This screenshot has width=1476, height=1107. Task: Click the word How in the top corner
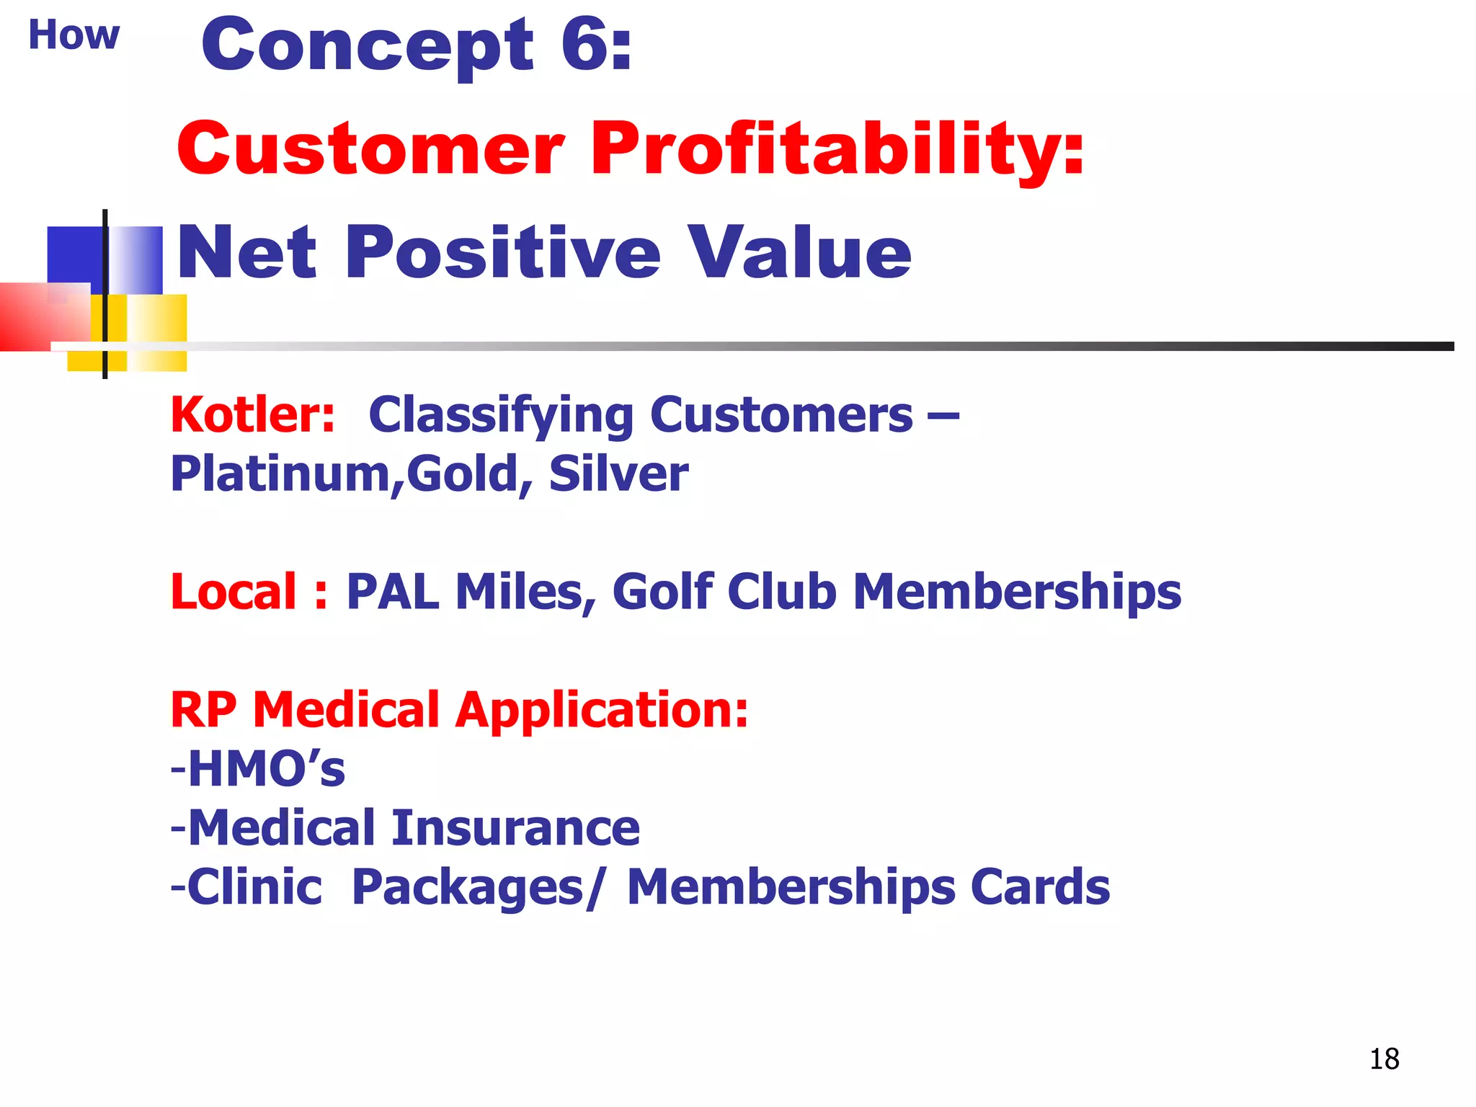[74, 35]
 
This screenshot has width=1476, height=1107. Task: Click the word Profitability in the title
[837, 150]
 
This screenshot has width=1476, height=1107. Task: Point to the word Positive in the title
[502, 252]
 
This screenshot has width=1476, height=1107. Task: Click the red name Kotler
[252, 415]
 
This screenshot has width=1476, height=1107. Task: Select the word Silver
[618, 474]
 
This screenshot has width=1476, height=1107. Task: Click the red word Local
[234, 592]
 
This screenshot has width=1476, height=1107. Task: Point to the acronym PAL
[393, 592]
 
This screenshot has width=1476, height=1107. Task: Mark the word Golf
[662, 592]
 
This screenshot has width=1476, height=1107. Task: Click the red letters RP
[203, 710]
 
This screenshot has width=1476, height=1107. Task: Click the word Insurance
[515, 827]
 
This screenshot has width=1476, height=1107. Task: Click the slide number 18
[1384, 1059]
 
